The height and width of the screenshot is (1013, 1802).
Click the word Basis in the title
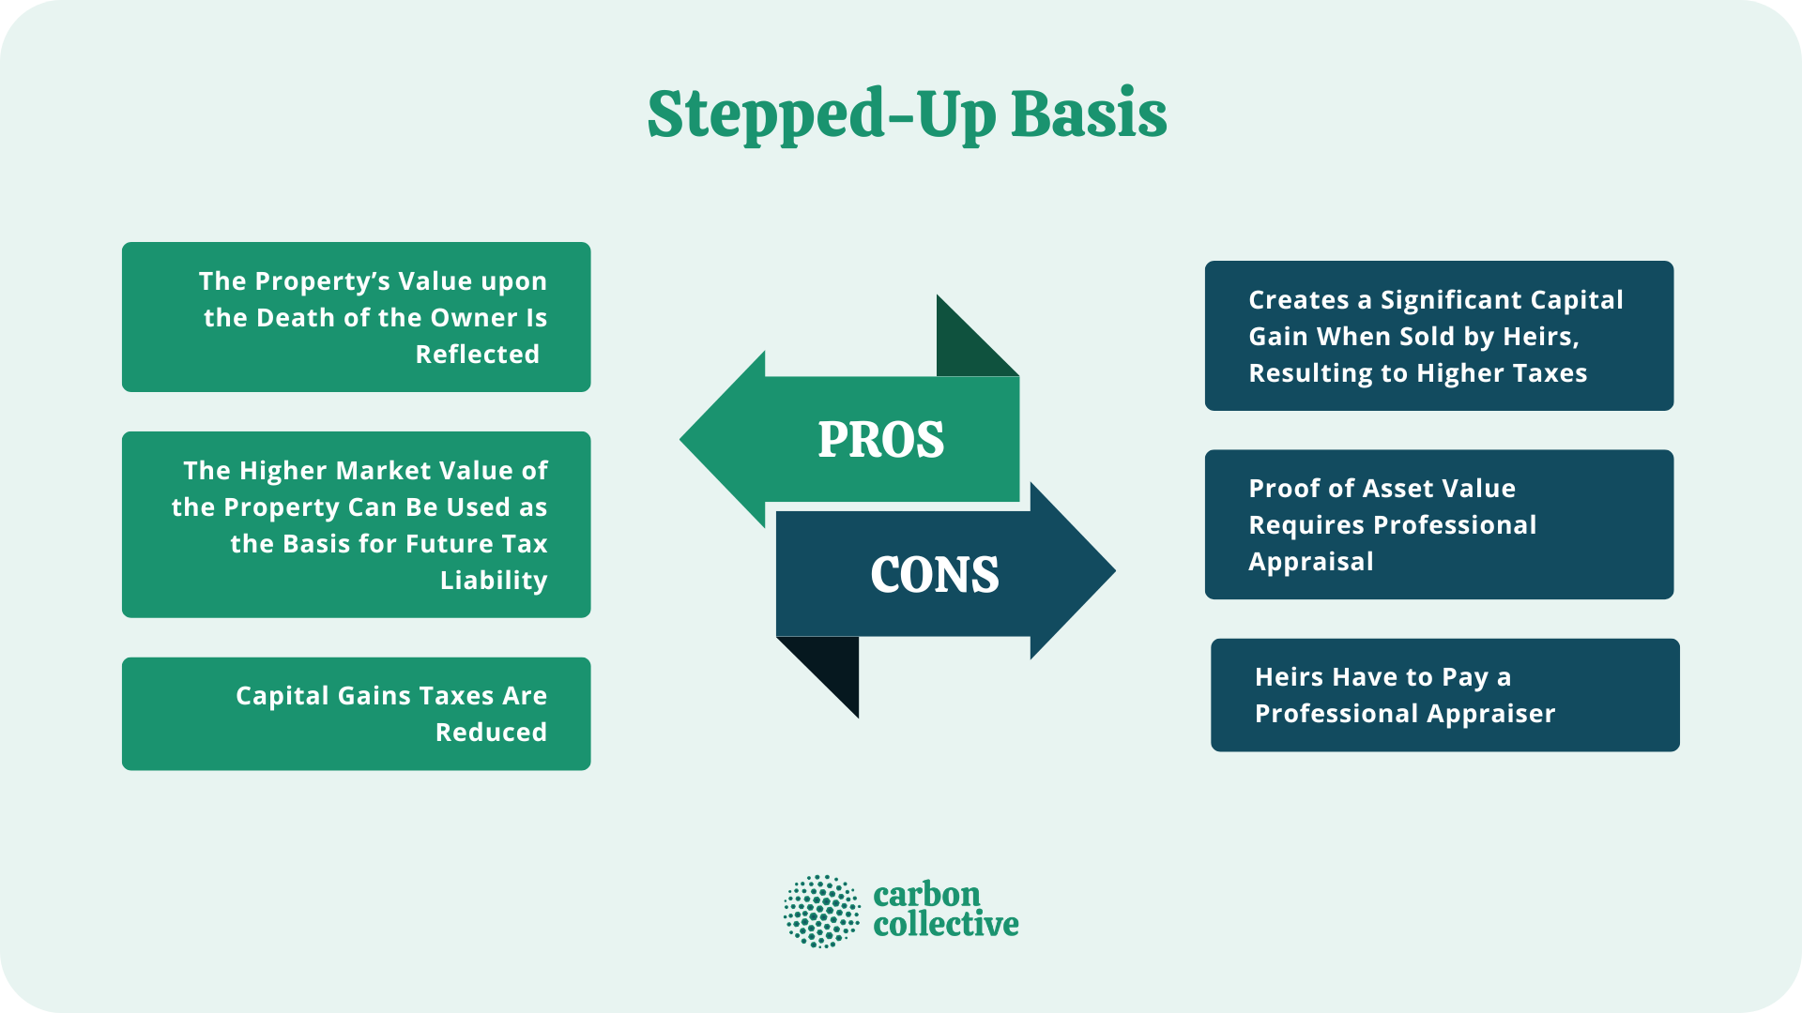pyautogui.click(x=1089, y=114)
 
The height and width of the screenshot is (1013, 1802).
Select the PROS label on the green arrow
pyautogui.click(x=880, y=439)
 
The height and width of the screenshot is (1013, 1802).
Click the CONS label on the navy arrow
pyautogui.click(x=934, y=574)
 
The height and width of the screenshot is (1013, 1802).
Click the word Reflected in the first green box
pyautogui.click(x=477, y=355)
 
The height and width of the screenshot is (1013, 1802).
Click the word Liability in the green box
pyautogui.click(x=494, y=581)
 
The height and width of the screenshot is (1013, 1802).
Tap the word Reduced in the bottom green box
pyautogui.click(x=491, y=733)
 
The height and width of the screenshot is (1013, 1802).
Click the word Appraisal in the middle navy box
pyautogui.click(x=1310, y=562)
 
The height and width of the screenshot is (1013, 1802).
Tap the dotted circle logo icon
pyautogui.click(x=821, y=911)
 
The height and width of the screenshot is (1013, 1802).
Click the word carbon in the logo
pyautogui.click(x=926, y=895)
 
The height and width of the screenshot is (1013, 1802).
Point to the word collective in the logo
pyautogui.click(x=945, y=925)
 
